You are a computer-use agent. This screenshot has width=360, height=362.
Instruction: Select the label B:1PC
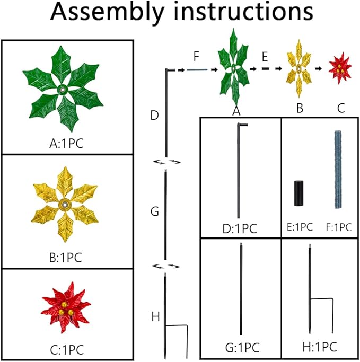(64, 258)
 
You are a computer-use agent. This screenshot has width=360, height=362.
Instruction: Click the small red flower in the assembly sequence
(340, 69)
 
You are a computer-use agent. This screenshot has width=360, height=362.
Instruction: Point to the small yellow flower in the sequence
(298, 69)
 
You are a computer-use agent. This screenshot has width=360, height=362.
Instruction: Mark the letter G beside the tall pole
(155, 211)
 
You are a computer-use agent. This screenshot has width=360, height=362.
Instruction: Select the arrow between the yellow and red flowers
(320, 69)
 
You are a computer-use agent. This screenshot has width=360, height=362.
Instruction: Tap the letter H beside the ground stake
(155, 316)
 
